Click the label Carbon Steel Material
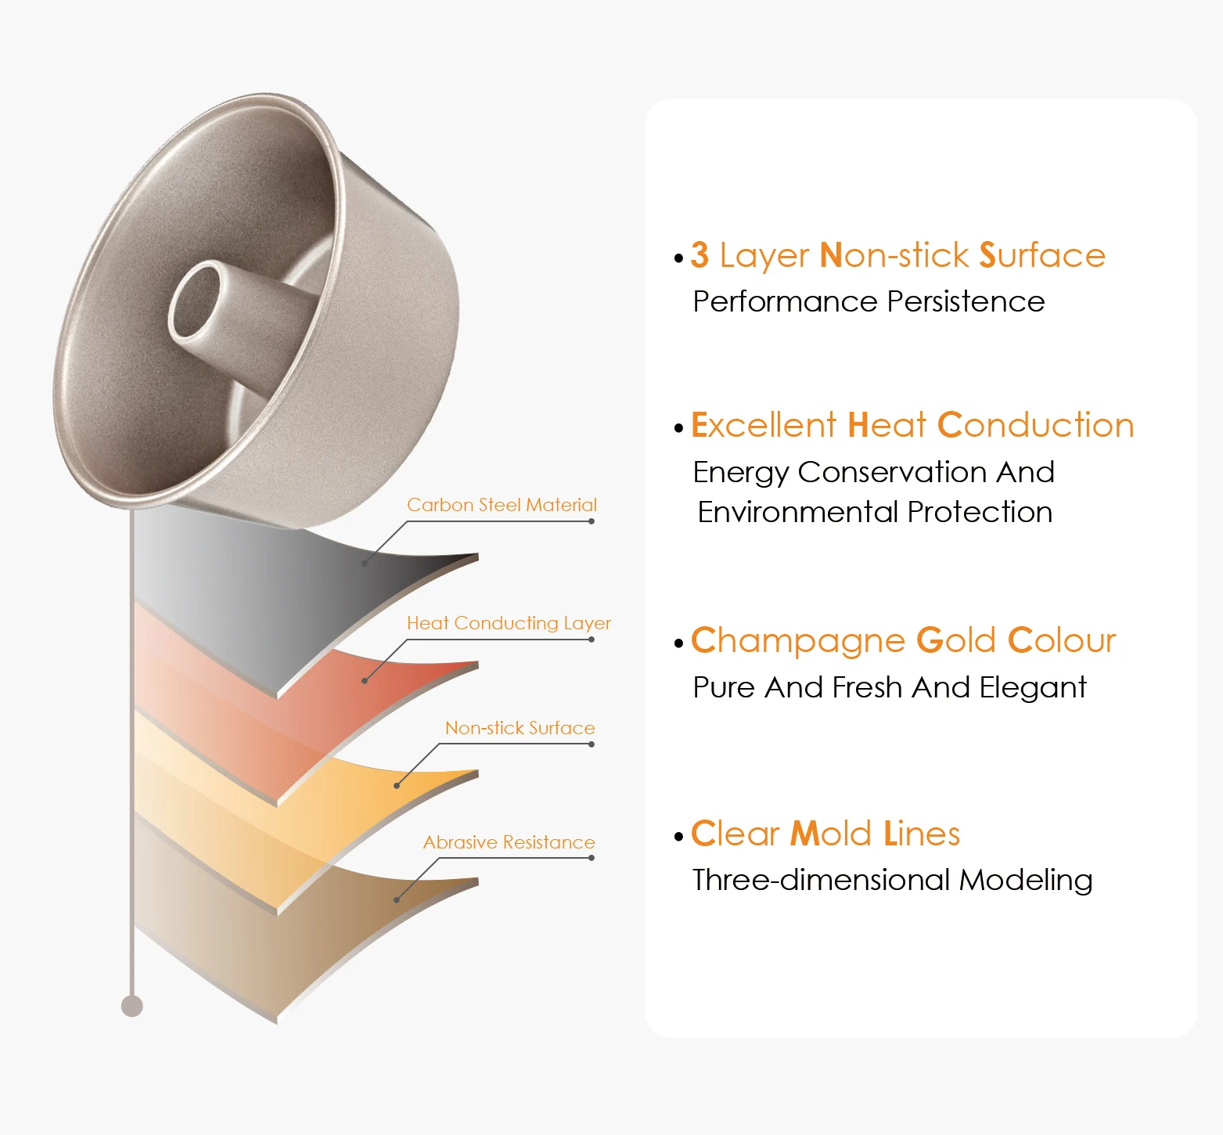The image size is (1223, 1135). coord(502,505)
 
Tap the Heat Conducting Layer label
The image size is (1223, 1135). coord(509,623)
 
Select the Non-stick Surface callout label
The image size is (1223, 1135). coord(520,728)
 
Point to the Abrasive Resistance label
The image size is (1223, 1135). coord(509,842)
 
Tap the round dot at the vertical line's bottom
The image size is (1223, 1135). coord(132,1006)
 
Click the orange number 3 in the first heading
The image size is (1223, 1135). coord(700,255)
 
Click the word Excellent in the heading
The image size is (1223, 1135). coord(764,426)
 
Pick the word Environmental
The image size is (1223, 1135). coord(798,513)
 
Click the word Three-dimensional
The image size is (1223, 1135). coord(822,881)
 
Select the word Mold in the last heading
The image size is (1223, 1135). coord(831,834)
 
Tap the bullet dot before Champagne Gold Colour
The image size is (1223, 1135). coord(678,644)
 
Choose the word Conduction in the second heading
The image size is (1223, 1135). coord(1035,426)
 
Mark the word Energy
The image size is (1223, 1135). coord(741,473)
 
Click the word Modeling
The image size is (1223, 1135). coord(1026,881)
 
